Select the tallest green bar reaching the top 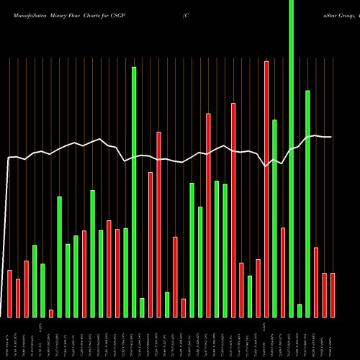pyautogui.click(x=291, y=158)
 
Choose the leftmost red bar pyautogui.click(x=10, y=293)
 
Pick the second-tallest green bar pyautogui.click(x=134, y=192)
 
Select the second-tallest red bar pyautogui.click(x=233, y=210)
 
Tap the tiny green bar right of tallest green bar pyautogui.click(x=300, y=310)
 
